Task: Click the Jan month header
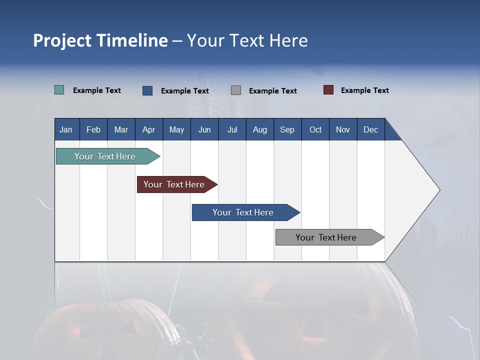66,129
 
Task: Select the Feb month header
93,129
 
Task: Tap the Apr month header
148,129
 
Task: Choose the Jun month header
204,129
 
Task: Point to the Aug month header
259,129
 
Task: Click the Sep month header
287,129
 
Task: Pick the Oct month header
315,129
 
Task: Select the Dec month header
370,129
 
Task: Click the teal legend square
59,90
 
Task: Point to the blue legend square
147,90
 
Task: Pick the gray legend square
236,90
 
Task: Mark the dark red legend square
328,90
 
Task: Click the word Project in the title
62,40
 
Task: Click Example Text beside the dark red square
364,90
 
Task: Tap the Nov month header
343,129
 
